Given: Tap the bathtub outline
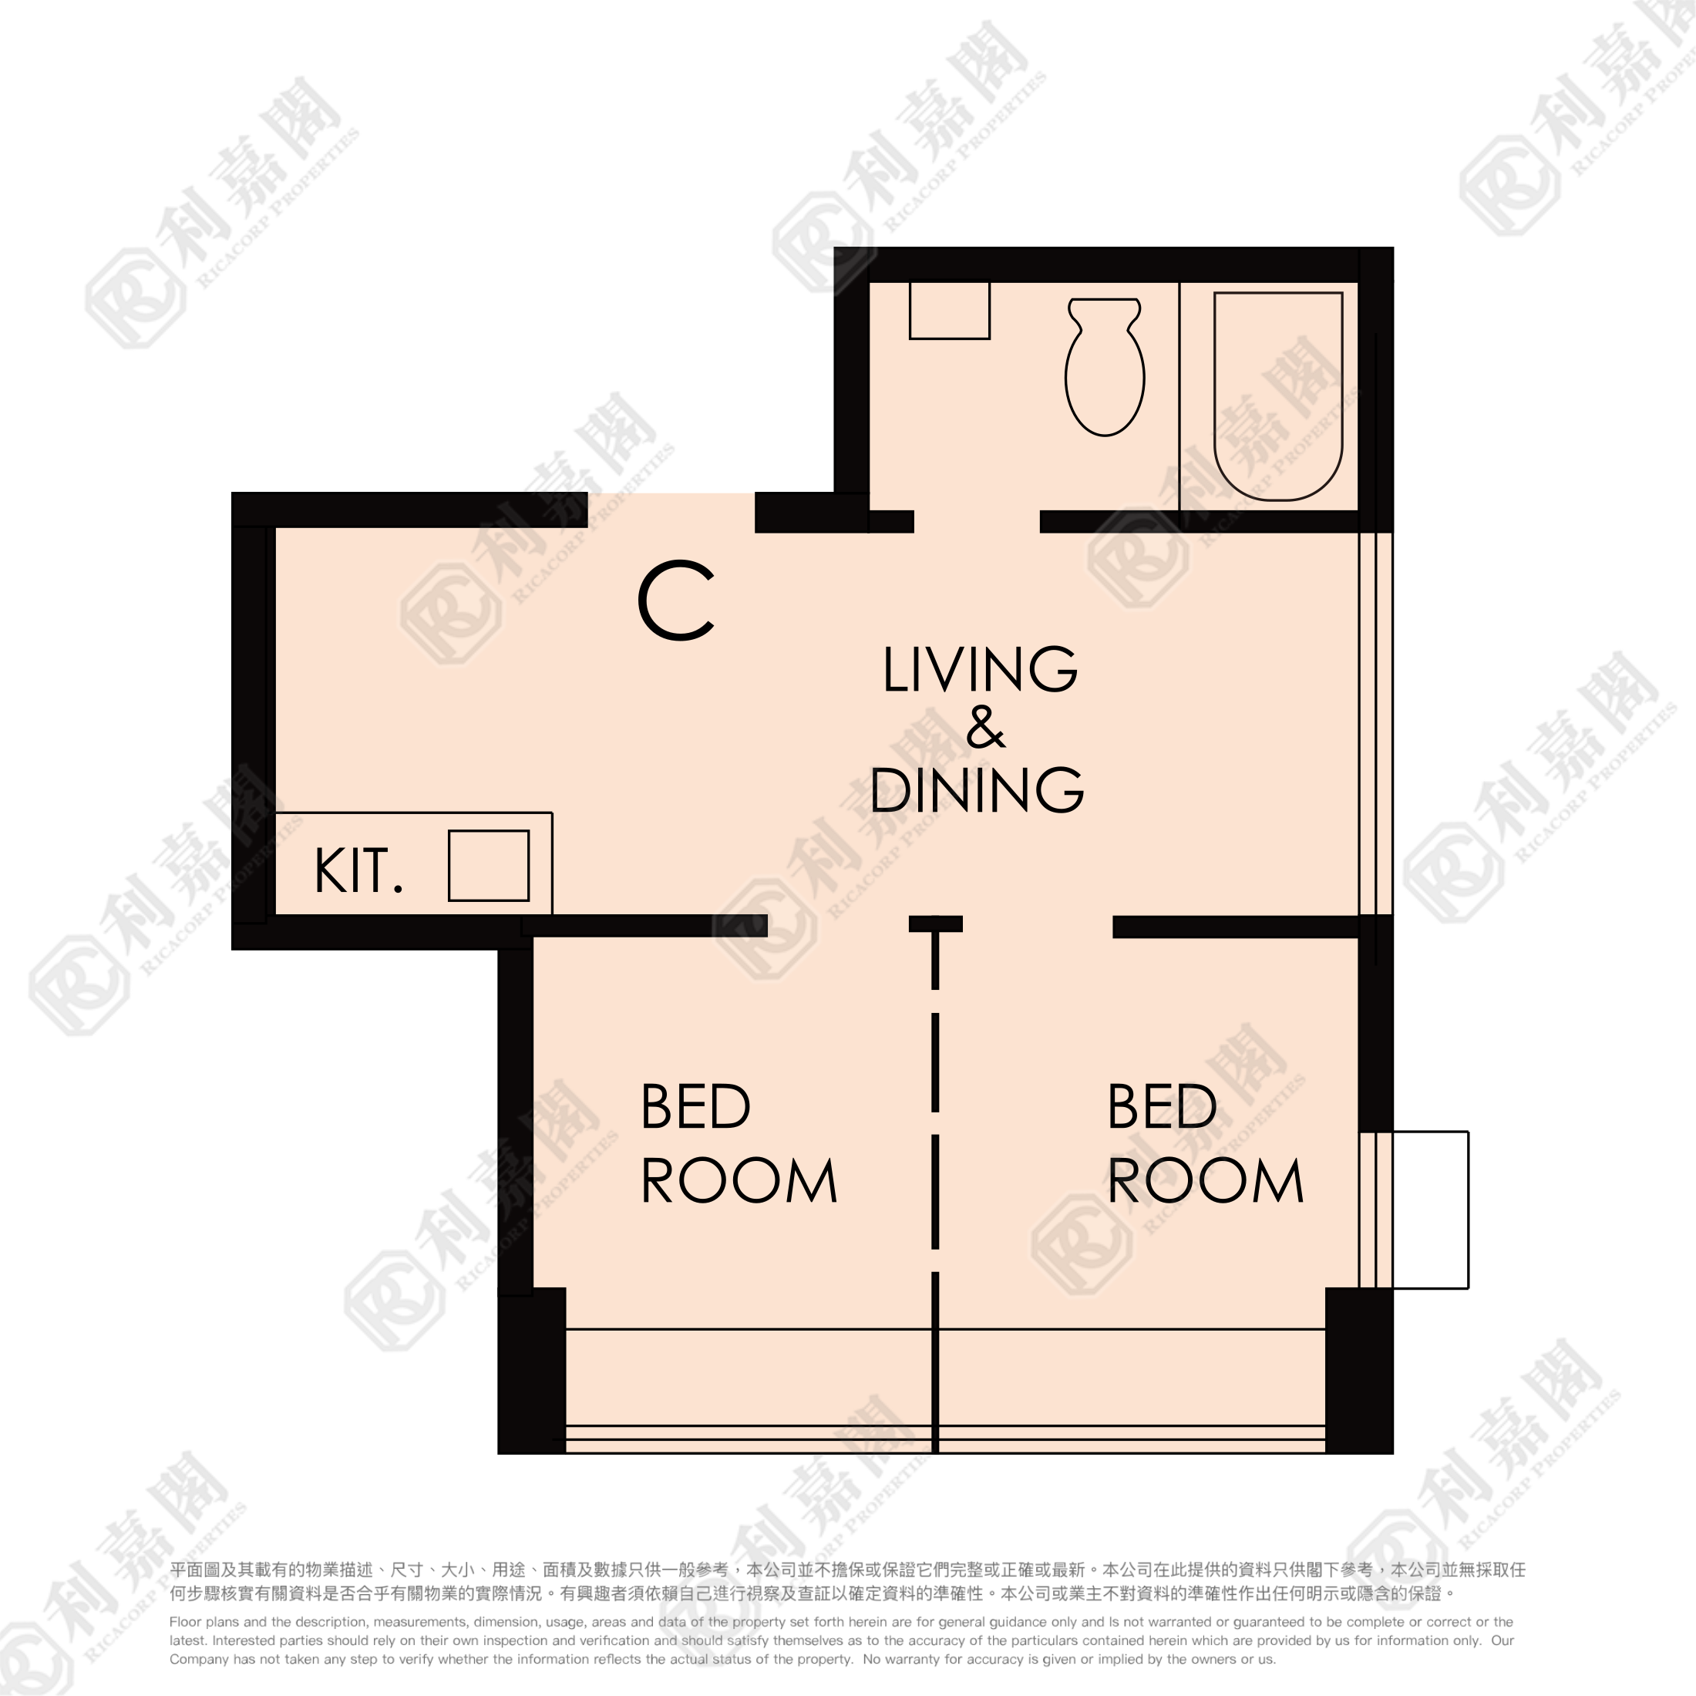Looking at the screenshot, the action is click(x=1215, y=395).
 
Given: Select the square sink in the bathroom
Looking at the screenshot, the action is click(x=949, y=309).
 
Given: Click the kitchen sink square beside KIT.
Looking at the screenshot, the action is click(x=489, y=866).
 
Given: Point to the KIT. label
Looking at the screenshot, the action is click(x=359, y=871).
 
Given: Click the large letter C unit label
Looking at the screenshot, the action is click(x=676, y=601).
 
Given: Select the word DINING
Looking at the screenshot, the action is click(x=977, y=789).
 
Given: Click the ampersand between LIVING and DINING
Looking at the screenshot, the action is click(x=985, y=727).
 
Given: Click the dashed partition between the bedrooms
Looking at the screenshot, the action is click(x=936, y=1185).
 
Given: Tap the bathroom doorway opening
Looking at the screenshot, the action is click(x=977, y=521).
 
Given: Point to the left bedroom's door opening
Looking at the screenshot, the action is click(x=838, y=925).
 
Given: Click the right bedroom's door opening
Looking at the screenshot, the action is click(x=1038, y=925).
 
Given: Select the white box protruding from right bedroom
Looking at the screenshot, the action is click(x=1430, y=1210).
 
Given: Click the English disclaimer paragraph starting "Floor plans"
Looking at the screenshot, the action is click(x=842, y=1640).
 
